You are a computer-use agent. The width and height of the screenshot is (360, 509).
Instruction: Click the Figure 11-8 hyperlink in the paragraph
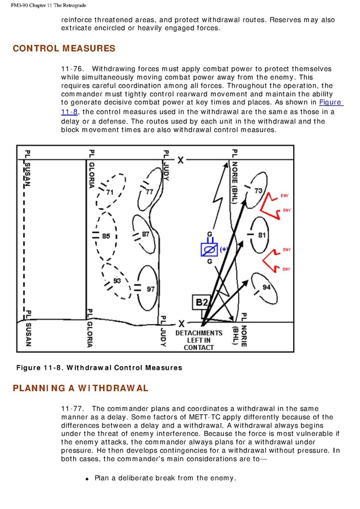(x=331, y=103)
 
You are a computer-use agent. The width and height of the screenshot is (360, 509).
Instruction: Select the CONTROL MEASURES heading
(x=64, y=49)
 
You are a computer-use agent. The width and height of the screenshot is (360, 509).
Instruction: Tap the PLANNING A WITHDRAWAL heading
(x=81, y=388)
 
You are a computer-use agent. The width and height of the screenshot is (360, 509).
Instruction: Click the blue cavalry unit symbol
(x=209, y=249)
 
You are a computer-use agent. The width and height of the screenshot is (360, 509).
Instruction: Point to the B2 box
(x=202, y=303)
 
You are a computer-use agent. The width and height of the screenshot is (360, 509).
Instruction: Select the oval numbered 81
(x=261, y=234)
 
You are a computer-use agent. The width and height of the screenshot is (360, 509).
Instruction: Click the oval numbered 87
(x=145, y=234)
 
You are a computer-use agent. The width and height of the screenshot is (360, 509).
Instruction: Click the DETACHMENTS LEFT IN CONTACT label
(x=198, y=340)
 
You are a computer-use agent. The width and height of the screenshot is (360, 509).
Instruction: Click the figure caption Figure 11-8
(x=99, y=368)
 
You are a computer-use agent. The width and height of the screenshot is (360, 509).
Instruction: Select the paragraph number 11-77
(x=73, y=409)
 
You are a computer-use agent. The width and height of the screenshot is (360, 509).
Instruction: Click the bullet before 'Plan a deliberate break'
(x=87, y=479)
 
